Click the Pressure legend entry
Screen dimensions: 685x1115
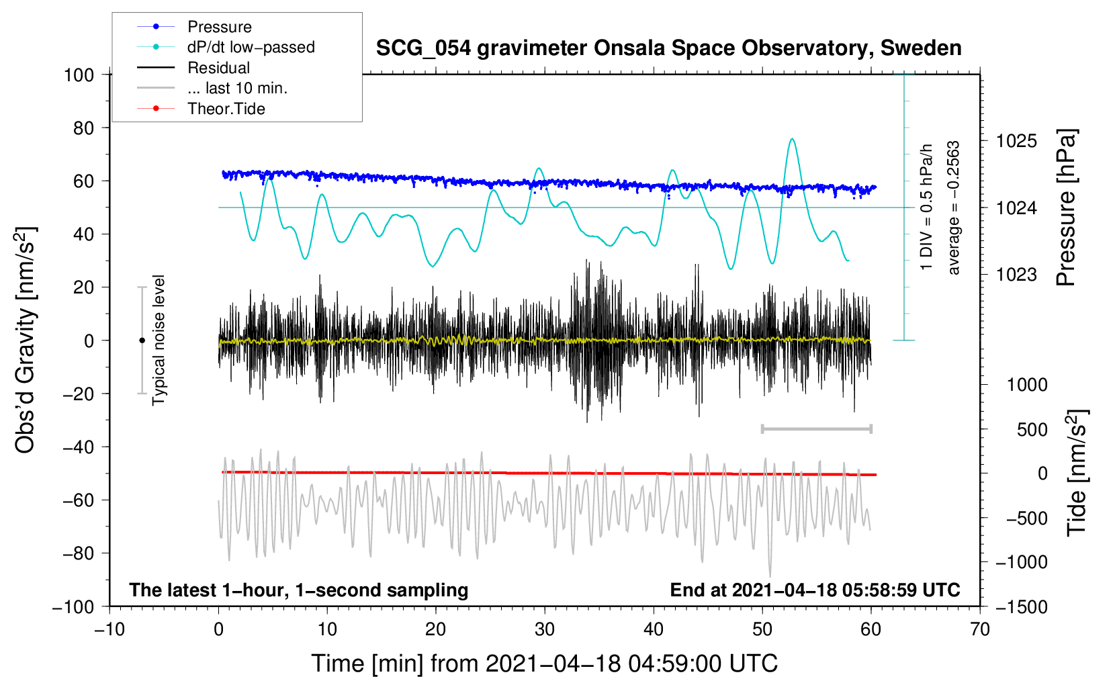(x=219, y=27)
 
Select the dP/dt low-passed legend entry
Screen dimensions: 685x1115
(x=251, y=47)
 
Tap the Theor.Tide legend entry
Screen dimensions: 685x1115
(x=226, y=109)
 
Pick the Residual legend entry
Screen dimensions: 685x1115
(x=218, y=68)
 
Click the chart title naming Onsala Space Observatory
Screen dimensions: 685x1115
(x=668, y=48)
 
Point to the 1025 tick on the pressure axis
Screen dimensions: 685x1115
(x=1016, y=141)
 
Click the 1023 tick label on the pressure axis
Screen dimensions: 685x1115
(x=1016, y=275)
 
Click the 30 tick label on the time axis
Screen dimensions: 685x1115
(x=545, y=629)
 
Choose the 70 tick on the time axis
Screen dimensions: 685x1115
(x=980, y=629)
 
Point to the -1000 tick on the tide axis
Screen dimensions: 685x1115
(x=1022, y=562)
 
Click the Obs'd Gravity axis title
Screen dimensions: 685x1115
(x=26, y=340)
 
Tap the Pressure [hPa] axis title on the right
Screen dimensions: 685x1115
(x=1066, y=208)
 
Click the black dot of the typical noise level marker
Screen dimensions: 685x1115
(x=142, y=340)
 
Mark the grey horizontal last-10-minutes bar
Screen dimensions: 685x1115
(x=816, y=428)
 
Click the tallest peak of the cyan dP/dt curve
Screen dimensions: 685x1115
(x=793, y=139)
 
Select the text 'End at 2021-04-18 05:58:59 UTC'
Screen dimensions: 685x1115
(x=815, y=590)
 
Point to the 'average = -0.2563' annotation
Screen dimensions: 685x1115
(x=954, y=208)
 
